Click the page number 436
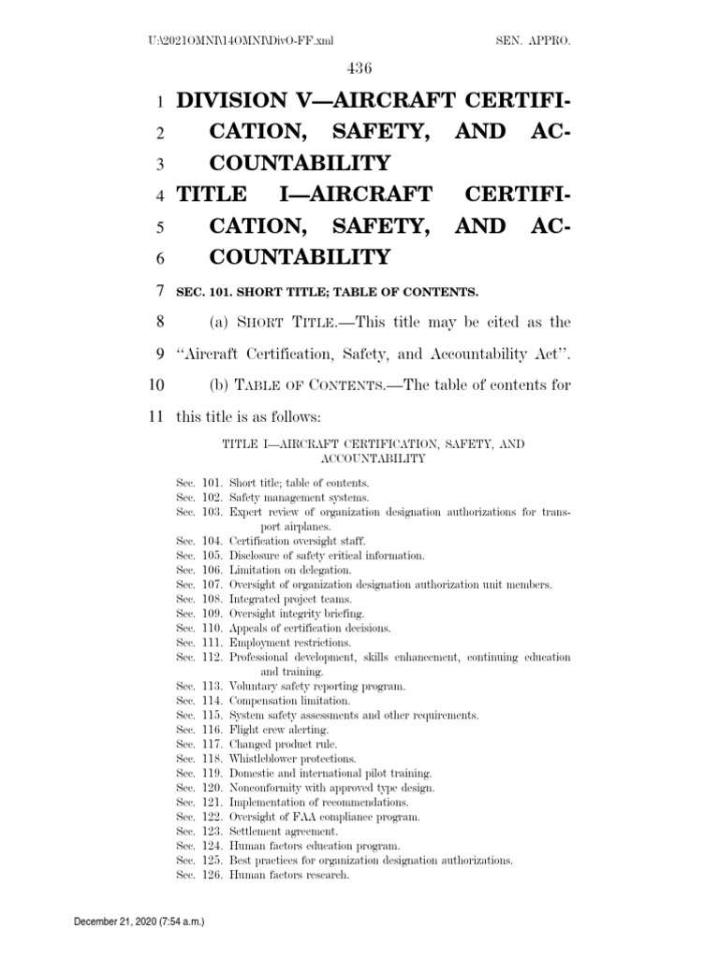tap(359, 67)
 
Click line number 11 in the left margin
tap(155, 414)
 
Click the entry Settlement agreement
tap(286, 831)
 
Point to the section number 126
tap(212, 875)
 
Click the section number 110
tap(212, 628)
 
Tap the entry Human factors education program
tap(315, 846)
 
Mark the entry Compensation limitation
tap(290, 701)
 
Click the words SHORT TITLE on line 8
tap(269, 321)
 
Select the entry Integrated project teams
tap(291, 599)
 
